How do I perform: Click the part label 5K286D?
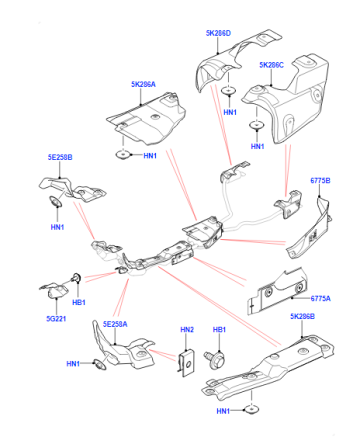click(218, 33)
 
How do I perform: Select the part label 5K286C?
click(271, 65)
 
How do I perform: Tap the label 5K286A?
click(143, 84)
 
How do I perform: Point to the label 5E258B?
click(60, 157)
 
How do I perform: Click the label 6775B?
click(320, 180)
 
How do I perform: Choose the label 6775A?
click(320, 298)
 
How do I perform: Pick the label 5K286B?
click(302, 316)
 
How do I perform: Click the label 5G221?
click(56, 319)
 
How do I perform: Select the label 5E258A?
click(115, 324)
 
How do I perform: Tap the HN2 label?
click(187, 329)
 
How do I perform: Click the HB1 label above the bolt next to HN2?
click(219, 329)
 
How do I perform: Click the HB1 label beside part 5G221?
click(79, 302)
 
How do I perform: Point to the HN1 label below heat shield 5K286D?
click(230, 112)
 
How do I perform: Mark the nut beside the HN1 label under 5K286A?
click(123, 155)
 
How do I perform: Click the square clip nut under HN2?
click(186, 363)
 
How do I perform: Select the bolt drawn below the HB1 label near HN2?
click(215, 360)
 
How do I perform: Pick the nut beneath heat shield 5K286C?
click(257, 125)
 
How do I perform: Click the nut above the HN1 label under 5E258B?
click(55, 201)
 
